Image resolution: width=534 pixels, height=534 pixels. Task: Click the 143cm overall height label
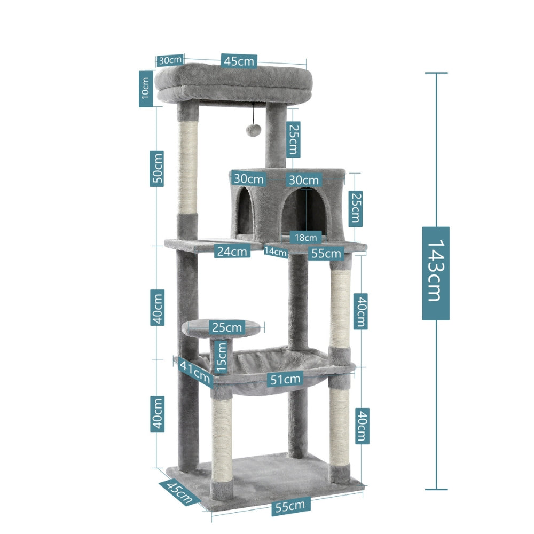pyautogui.click(x=436, y=273)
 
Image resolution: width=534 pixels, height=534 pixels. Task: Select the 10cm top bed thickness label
pyautogui.click(x=145, y=89)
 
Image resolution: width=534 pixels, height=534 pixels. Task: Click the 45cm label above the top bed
pyautogui.click(x=239, y=61)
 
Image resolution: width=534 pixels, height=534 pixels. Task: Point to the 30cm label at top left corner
pyautogui.click(x=170, y=60)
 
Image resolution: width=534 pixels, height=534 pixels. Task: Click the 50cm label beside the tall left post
pyautogui.click(x=156, y=168)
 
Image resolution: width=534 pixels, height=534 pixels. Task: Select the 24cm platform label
pyautogui.click(x=232, y=251)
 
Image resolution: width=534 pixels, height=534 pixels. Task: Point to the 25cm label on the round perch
pyautogui.click(x=226, y=326)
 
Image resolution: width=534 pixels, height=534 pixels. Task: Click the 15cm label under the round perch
pyautogui.click(x=222, y=357)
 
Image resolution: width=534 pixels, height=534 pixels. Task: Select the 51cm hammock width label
pyautogui.click(x=285, y=380)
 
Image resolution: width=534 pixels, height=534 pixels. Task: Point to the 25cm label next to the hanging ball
pyautogui.click(x=292, y=139)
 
